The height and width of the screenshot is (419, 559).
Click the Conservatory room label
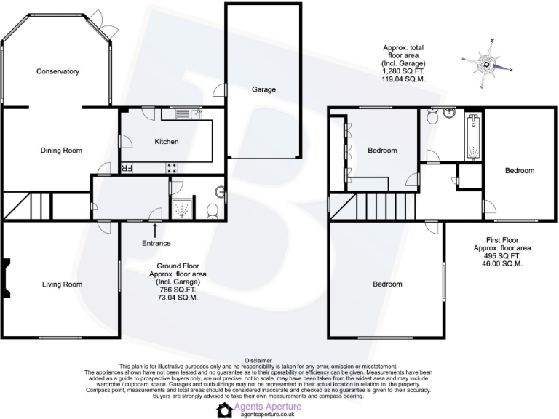point(58,71)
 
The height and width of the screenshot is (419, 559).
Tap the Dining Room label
point(60,151)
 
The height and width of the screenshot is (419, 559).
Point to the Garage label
point(263,89)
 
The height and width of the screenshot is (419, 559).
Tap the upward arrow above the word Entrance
point(155,231)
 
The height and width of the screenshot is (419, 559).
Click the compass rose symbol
point(486,65)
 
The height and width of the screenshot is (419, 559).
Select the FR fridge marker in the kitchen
point(126,169)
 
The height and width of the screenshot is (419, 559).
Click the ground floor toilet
point(212,211)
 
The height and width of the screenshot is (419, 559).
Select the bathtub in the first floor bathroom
point(474,137)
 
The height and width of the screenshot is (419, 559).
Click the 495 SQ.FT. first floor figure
point(501,255)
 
